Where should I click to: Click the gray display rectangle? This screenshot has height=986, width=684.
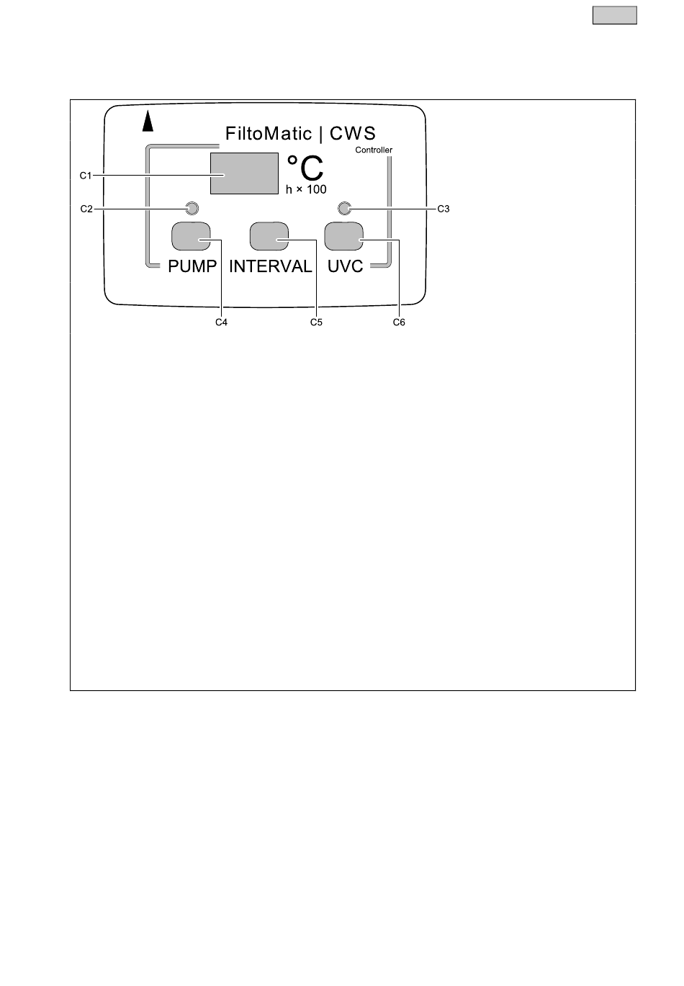(244, 173)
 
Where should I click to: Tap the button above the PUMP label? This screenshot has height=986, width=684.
(191, 235)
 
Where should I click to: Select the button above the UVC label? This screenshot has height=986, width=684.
(344, 235)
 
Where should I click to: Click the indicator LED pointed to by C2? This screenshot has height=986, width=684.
(192, 209)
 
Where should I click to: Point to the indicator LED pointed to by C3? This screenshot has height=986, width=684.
(344, 209)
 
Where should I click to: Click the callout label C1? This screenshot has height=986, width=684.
(86, 175)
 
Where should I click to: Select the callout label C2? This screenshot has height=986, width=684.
(86, 209)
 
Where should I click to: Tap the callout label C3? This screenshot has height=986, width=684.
(444, 209)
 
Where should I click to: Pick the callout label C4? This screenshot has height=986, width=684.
(222, 322)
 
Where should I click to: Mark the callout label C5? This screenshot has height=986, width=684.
(316, 322)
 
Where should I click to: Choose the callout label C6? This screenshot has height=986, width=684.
(399, 322)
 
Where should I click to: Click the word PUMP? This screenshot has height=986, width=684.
(192, 266)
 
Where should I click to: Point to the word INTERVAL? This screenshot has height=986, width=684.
(271, 266)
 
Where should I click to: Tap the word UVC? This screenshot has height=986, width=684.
(346, 266)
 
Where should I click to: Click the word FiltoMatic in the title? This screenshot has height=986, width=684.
(269, 134)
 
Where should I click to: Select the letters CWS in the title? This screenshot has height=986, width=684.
(353, 134)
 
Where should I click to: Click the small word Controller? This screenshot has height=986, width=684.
(374, 150)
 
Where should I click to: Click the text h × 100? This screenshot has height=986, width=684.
(306, 190)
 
